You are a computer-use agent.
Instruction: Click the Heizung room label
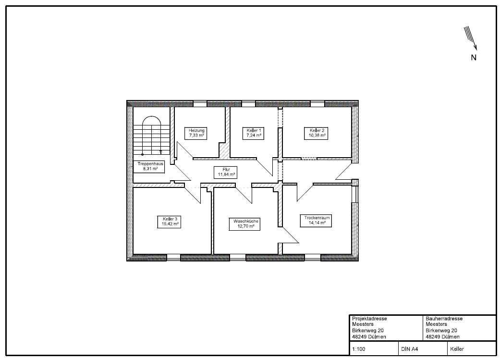[196, 133]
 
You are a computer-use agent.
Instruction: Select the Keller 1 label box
[254, 133]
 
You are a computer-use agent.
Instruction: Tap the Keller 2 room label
[317, 133]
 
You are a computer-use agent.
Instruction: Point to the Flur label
[226, 172]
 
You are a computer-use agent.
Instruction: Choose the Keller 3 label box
[170, 222]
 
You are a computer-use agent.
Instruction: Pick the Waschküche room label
[245, 223]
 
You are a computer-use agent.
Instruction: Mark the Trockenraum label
[316, 221]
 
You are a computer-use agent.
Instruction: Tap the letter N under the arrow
[474, 58]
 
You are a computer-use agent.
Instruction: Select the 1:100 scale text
[359, 349]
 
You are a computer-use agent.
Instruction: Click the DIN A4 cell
[409, 349]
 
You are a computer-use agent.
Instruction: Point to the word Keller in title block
[457, 349]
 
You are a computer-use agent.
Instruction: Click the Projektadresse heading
[369, 319]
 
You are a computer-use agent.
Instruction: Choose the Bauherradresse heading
[444, 319]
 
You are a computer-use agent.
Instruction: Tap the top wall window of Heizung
[200, 104]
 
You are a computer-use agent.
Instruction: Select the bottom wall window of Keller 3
[174, 258]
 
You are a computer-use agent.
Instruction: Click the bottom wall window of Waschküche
[238, 258]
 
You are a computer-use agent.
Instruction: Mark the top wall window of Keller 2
[317, 104]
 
